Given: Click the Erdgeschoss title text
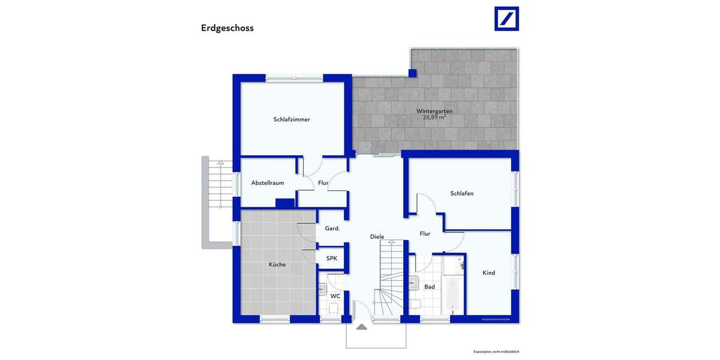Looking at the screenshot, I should pos(227,28).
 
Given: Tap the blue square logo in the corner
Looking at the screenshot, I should pos(506,19).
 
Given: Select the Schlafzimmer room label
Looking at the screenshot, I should pos(292,119).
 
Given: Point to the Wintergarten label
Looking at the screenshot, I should pos(434,111).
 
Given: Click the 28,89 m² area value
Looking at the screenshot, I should pos(434,118).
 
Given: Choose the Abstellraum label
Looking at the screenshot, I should pos(268,183).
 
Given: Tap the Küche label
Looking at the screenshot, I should pos(277,265).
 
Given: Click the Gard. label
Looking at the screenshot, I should pos(332,229).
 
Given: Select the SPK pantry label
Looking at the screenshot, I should pos(332,259).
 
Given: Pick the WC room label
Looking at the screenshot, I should pos(335,296).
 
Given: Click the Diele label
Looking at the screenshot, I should pos(377,237).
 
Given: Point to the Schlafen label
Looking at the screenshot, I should pos(462,193).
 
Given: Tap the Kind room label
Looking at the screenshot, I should pos(489,273).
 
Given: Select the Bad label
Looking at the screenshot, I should pos(430,287).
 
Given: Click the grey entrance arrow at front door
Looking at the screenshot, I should pos(361,326).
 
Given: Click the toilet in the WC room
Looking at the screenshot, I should pos(334,308).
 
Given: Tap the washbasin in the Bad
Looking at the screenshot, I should pos(414,283).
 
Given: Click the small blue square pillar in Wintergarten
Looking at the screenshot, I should pos(412,73).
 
